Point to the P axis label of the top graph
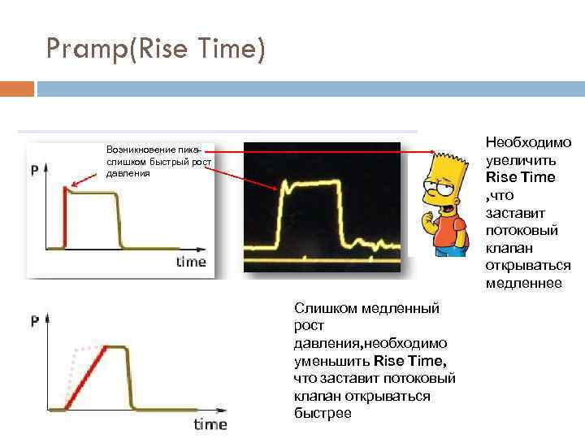pos(34,171)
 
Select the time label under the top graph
pos(191,262)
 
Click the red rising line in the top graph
pos(64,215)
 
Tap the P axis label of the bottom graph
pos(35,321)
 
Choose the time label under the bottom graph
pos(210,424)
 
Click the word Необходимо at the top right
pos(528,142)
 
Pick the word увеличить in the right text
pos(520,160)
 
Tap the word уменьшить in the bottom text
pos(331,360)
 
